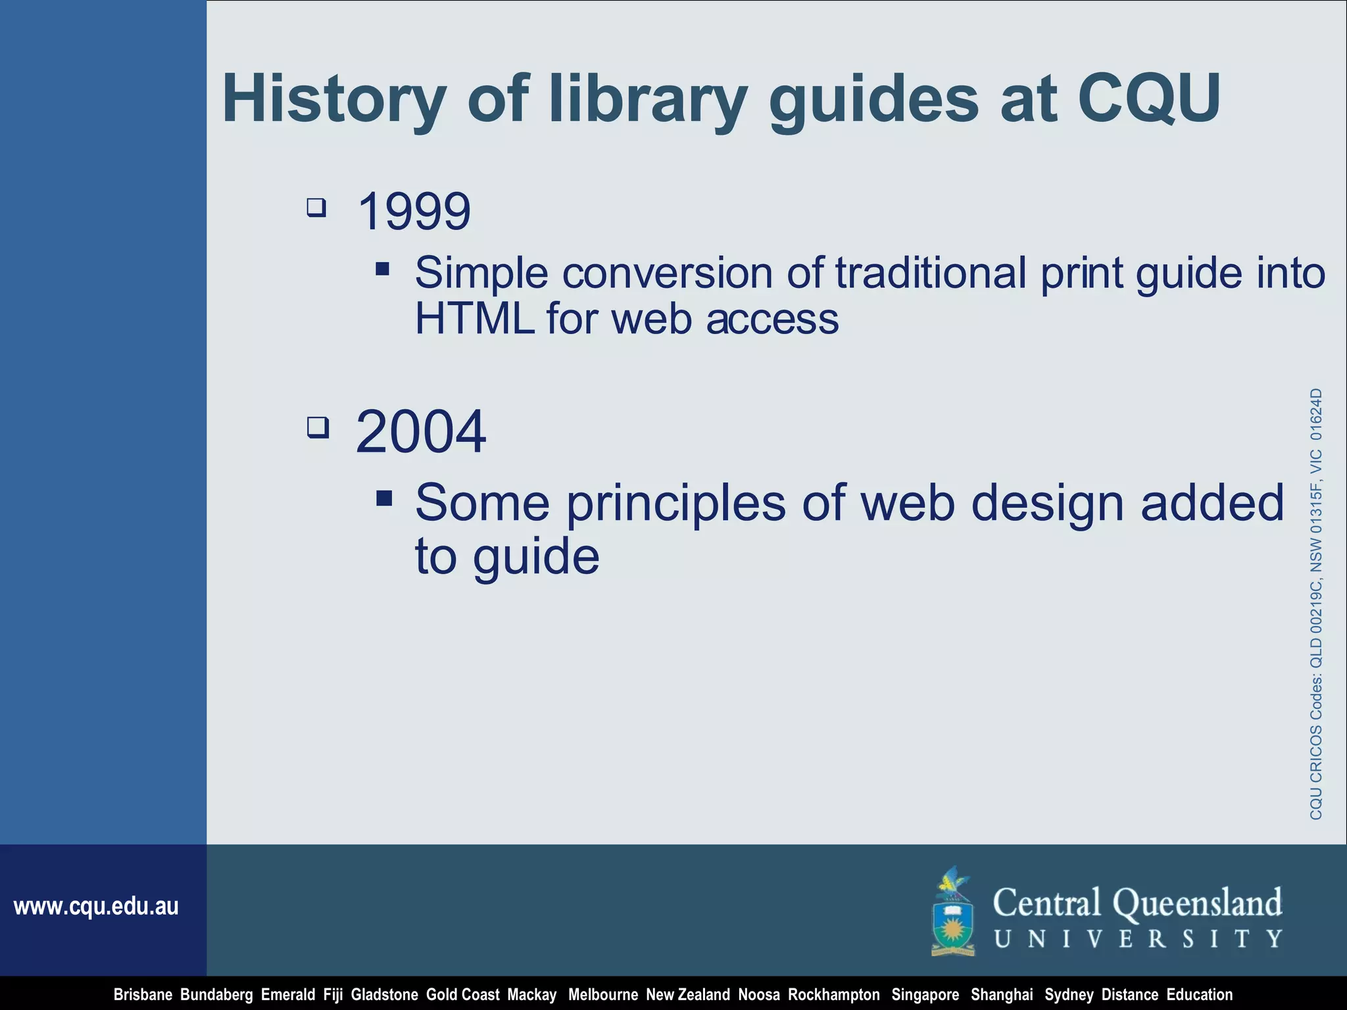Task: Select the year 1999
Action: [414, 212]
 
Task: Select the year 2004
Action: [420, 432]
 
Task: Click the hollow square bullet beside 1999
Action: [316, 208]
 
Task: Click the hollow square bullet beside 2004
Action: [318, 428]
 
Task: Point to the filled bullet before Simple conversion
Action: [383, 268]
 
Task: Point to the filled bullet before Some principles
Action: [385, 498]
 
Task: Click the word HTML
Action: [474, 320]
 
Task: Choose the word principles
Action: [676, 504]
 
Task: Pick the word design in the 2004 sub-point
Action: [1047, 504]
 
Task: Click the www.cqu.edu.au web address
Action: [96, 907]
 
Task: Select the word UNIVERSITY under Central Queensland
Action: [1138, 939]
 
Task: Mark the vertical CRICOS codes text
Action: [1315, 604]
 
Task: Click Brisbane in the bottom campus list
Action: [143, 995]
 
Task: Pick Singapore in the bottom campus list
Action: [925, 995]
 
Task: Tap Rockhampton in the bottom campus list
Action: [833, 995]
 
